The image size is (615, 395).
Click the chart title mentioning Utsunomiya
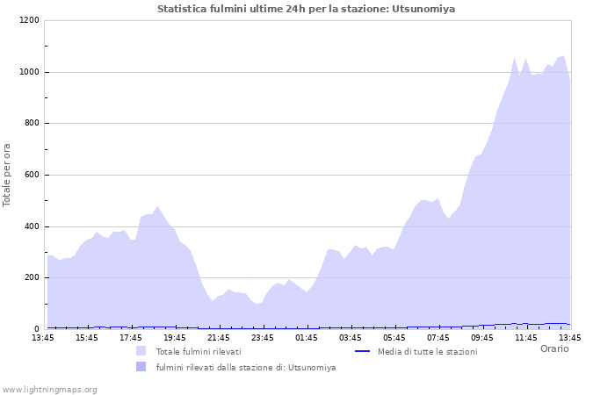click(x=307, y=9)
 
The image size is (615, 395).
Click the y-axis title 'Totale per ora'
click(x=8, y=175)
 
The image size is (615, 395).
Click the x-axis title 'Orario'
click(x=553, y=348)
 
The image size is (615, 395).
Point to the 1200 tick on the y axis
click(x=28, y=20)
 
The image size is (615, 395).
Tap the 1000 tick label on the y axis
click(x=28, y=72)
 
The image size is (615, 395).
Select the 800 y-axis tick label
click(x=31, y=124)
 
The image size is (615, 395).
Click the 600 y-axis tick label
click(x=31, y=175)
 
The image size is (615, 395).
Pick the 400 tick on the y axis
click(x=31, y=226)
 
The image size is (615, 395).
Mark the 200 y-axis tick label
click(x=31, y=278)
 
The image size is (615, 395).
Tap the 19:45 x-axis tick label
click(x=175, y=337)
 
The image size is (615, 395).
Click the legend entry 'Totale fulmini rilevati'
click(x=198, y=352)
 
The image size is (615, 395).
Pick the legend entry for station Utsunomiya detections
click(x=245, y=368)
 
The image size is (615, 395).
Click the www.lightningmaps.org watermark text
click(x=49, y=389)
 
